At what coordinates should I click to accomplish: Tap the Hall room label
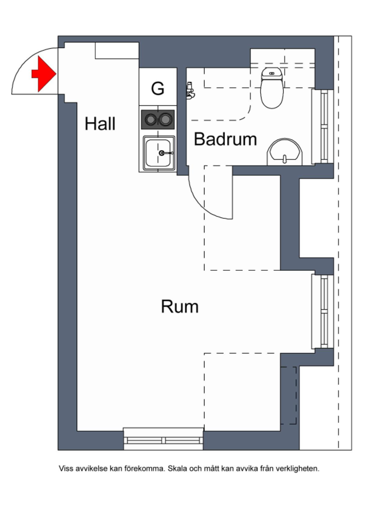click(x=100, y=124)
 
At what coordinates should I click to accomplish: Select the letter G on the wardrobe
click(x=158, y=89)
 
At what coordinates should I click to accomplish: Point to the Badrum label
click(x=225, y=139)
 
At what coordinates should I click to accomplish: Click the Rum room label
click(x=180, y=306)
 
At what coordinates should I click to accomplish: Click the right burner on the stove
click(x=165, y=119)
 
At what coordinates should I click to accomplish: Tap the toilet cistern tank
click(x=272, y=73)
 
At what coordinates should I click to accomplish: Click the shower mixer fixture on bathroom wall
click(x=191, y=91)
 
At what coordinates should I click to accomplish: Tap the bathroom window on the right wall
click(x=323, y=126)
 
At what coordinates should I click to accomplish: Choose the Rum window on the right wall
click(x=323, y=311)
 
